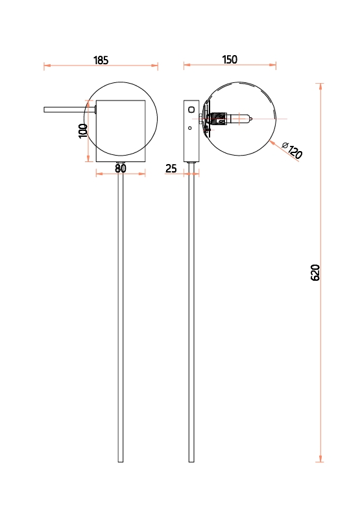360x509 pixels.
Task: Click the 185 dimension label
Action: pos(101,60)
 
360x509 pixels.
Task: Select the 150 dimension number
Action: pos(230,60)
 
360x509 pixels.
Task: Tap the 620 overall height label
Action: pos(315,272)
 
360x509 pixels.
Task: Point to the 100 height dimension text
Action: pos(83,131)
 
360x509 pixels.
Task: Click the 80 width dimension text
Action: pos(121,169)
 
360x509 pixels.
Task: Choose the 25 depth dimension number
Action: pos(171,169)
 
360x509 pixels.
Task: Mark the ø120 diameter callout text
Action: pos(292,150)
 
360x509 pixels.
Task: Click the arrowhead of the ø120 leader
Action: pos(272,143)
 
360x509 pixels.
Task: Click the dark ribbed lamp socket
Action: pos(219,119)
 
